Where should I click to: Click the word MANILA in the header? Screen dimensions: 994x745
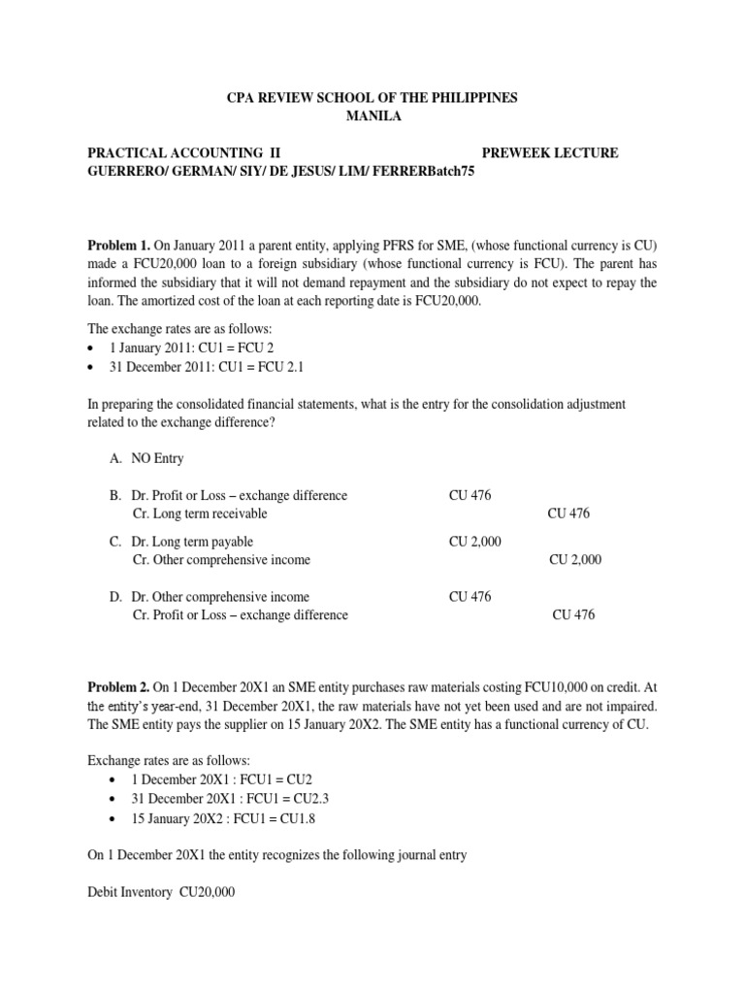pyautogui.click(x=372, y=117)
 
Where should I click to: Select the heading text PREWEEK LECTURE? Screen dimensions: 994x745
pyautogui.click(x=549, y=153)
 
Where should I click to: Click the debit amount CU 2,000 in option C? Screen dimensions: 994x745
pyautogui.click(x=475, y=542)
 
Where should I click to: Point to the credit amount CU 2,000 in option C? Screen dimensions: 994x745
pyautogui.click(x=575, y=560)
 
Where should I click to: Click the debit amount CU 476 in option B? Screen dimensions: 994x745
pyautogui.click(x=470, y=496)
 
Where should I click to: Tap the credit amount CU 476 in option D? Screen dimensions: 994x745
pyautogui.click(x=573, y=615)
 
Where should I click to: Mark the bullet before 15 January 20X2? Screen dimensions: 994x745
pyautogui.click(x=116, y=818)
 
